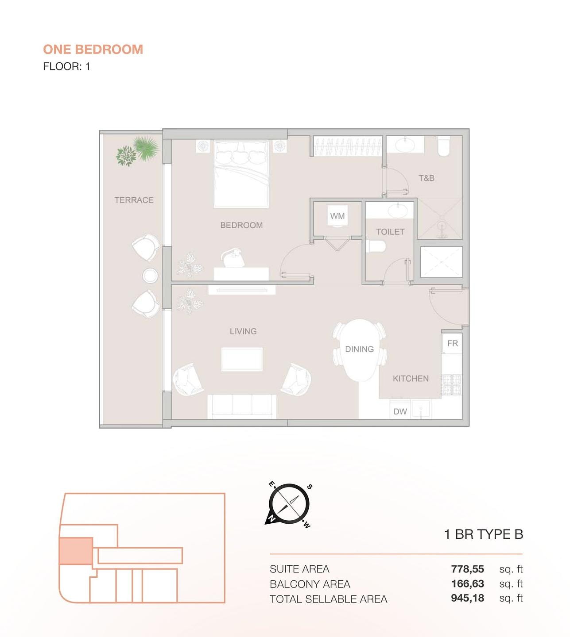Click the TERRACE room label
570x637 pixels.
point(134,200)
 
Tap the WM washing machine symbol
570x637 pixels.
point(337,216)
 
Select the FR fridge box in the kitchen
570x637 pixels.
point(452,343)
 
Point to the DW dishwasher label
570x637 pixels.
point(400,411)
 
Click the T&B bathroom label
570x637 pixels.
point(427,178)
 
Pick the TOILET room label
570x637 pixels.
point(390,232)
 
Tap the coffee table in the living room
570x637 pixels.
point(242,359)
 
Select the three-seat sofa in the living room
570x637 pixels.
point(242,407)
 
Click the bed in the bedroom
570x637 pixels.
point(241,174)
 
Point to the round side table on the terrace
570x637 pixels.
point(150,276)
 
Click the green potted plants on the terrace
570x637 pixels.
point(137,151)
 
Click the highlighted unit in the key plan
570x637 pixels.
point(76,551)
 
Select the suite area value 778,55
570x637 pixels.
point(467,569)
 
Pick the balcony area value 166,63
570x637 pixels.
point(467,583)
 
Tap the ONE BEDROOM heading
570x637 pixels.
point(93,50)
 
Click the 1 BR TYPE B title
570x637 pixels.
point(484,534)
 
